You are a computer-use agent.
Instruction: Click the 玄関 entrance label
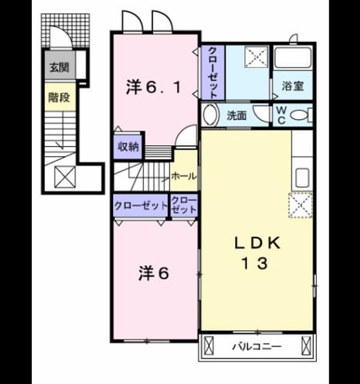59,67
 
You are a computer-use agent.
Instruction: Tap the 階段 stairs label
59,97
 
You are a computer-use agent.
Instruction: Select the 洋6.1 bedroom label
154,88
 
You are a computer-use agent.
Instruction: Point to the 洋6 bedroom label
154,273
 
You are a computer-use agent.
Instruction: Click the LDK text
257,243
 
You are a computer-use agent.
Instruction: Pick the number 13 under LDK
254,263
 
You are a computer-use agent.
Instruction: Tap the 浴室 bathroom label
293,86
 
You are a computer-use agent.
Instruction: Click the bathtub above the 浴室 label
293,58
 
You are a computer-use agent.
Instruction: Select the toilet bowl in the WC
299,115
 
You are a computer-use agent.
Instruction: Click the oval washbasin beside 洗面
210,115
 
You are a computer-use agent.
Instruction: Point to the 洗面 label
236,116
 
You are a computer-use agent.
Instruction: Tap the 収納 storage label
128,146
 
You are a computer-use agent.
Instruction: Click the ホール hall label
184,176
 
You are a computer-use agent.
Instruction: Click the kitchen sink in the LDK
302,178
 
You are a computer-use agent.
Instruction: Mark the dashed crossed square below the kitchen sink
301,205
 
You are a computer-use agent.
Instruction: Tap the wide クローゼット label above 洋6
140,206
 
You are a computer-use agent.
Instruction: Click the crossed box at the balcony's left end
209,346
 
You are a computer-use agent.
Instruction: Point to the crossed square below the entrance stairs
65,177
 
